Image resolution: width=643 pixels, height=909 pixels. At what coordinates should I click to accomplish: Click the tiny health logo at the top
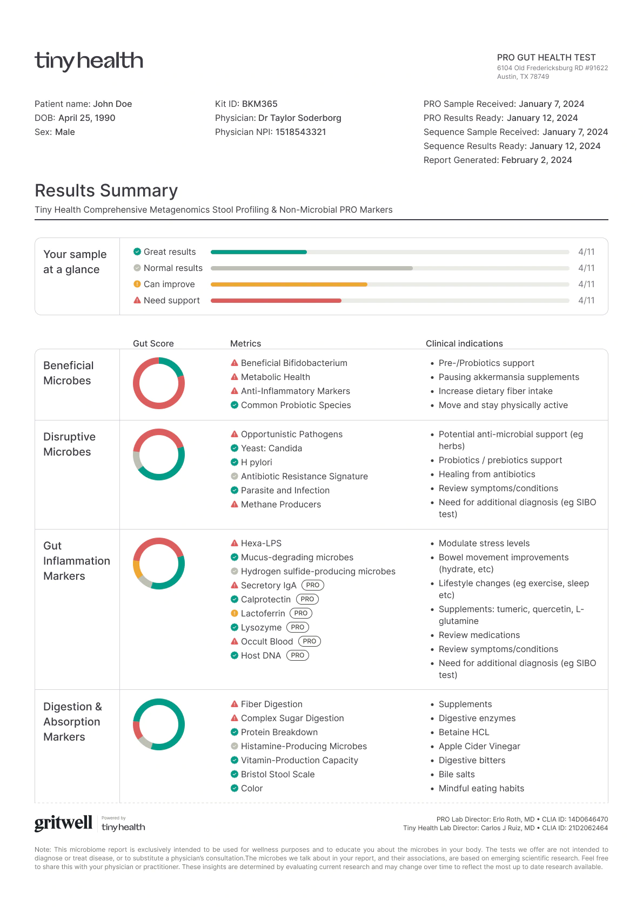tap(89, 61)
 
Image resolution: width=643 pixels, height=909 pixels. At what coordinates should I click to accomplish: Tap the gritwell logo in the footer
tap(63, 823)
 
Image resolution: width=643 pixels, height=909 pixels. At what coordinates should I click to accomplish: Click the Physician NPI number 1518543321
tap(300, 132)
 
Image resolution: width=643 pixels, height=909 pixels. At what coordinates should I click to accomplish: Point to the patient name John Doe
tap(112, 104)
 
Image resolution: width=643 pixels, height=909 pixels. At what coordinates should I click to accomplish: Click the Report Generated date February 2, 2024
tap(536, 160)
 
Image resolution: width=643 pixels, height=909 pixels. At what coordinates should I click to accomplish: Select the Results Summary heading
tap(106, 191)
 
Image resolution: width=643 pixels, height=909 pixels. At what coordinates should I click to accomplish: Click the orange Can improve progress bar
tap(289, 284)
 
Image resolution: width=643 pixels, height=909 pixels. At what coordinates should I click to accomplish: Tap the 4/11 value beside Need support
tap(586, 300)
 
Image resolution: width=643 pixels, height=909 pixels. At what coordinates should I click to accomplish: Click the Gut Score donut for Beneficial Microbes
tap(159, 383)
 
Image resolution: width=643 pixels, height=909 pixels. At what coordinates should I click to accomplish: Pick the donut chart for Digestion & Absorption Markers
tap(159, 724)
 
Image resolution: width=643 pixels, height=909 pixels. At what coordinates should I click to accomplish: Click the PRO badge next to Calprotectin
tap(307, 599)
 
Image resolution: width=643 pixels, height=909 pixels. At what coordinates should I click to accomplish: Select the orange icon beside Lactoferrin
tap(235, 613)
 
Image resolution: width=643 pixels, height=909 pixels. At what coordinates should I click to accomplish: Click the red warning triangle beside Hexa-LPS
tap(235, 543)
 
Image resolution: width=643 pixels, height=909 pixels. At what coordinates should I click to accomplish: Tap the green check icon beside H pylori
tap(235, 462)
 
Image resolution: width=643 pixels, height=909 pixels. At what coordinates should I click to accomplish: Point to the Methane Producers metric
tap(280, 504)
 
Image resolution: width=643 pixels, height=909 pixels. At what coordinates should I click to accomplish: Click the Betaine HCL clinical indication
tap(464, 732)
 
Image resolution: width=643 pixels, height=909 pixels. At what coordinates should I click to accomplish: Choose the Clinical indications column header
tap(464, 343)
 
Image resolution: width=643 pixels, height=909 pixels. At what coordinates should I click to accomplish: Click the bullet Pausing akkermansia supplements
tap(508, 377)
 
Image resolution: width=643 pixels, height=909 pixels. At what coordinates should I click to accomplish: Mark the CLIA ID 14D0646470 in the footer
tap(587, 819)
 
